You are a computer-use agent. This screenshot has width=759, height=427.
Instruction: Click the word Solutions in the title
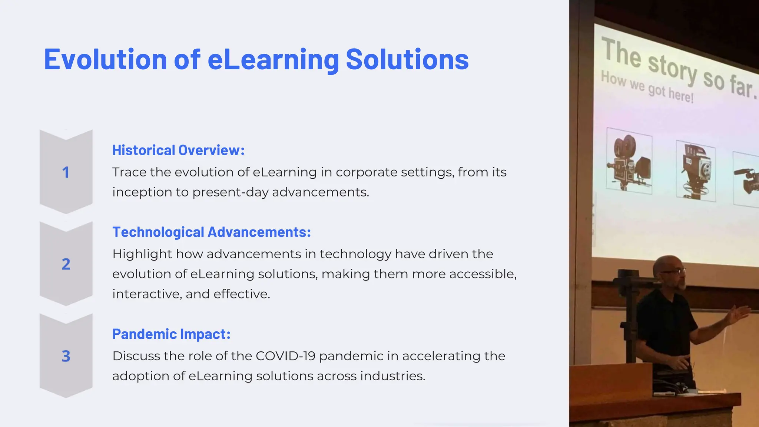pyautogui.click(x=407, y=59)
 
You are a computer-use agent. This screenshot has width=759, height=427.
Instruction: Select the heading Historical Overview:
pyautogui.click(x=178, y=150)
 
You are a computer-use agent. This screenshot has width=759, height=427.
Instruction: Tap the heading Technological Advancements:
pyautogui.click(x=211, y=232)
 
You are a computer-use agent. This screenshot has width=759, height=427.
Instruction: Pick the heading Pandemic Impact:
pyautogui.click(x=171, y=334)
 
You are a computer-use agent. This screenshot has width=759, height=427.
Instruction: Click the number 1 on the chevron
pyautogui.click(x=66, y=172)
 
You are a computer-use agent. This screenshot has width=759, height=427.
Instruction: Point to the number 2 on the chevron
pyautogui.click(x=66, y=264)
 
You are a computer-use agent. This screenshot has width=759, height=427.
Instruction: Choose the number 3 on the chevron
pyautogui.click(x=66, y=356)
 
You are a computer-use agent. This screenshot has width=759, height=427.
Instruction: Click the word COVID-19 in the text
pyautogui.click(x=285, y=356)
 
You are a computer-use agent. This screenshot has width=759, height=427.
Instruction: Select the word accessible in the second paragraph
pyautogui.click(x=482, y=274)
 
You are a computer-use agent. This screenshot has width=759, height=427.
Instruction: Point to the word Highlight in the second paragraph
pyautogui.click(x=142, y=254)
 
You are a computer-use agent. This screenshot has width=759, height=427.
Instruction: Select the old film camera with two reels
pyautogui.click(x=629, y=161)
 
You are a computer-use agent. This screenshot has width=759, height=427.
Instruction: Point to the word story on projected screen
pyautogui.click(x=672, y=68)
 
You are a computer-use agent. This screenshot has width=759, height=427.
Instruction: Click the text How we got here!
pyautogui.click(x=647, y=87)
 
